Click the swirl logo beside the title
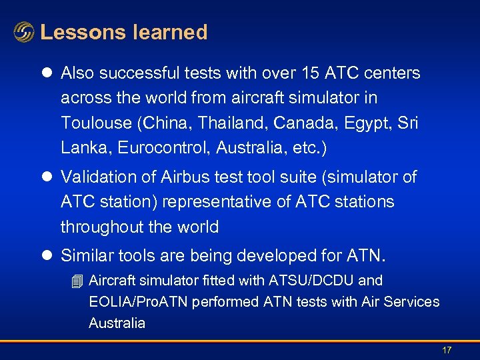point(23,32)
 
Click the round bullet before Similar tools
point(49,256)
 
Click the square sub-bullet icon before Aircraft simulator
point(77,281)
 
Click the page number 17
point(447,350)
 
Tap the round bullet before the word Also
point(49,73)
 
